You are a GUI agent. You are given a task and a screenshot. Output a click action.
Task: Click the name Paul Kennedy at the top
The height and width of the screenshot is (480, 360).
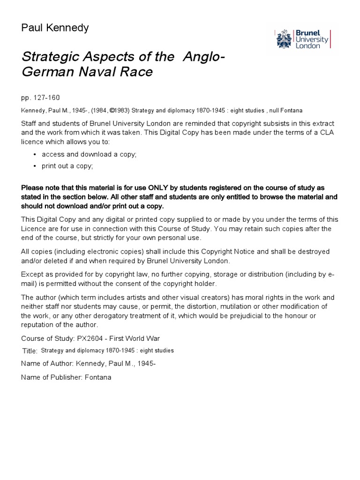tap(55, 28)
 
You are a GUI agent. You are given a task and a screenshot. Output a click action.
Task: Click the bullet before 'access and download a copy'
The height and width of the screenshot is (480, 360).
tap(35, 154)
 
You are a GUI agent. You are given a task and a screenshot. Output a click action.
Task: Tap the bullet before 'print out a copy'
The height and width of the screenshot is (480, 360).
tap(35, 166)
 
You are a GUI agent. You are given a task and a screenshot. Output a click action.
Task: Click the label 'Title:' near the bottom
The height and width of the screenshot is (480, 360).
tap(30, 351)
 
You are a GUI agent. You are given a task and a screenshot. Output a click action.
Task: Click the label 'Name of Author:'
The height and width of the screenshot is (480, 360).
tap(46, 364)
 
